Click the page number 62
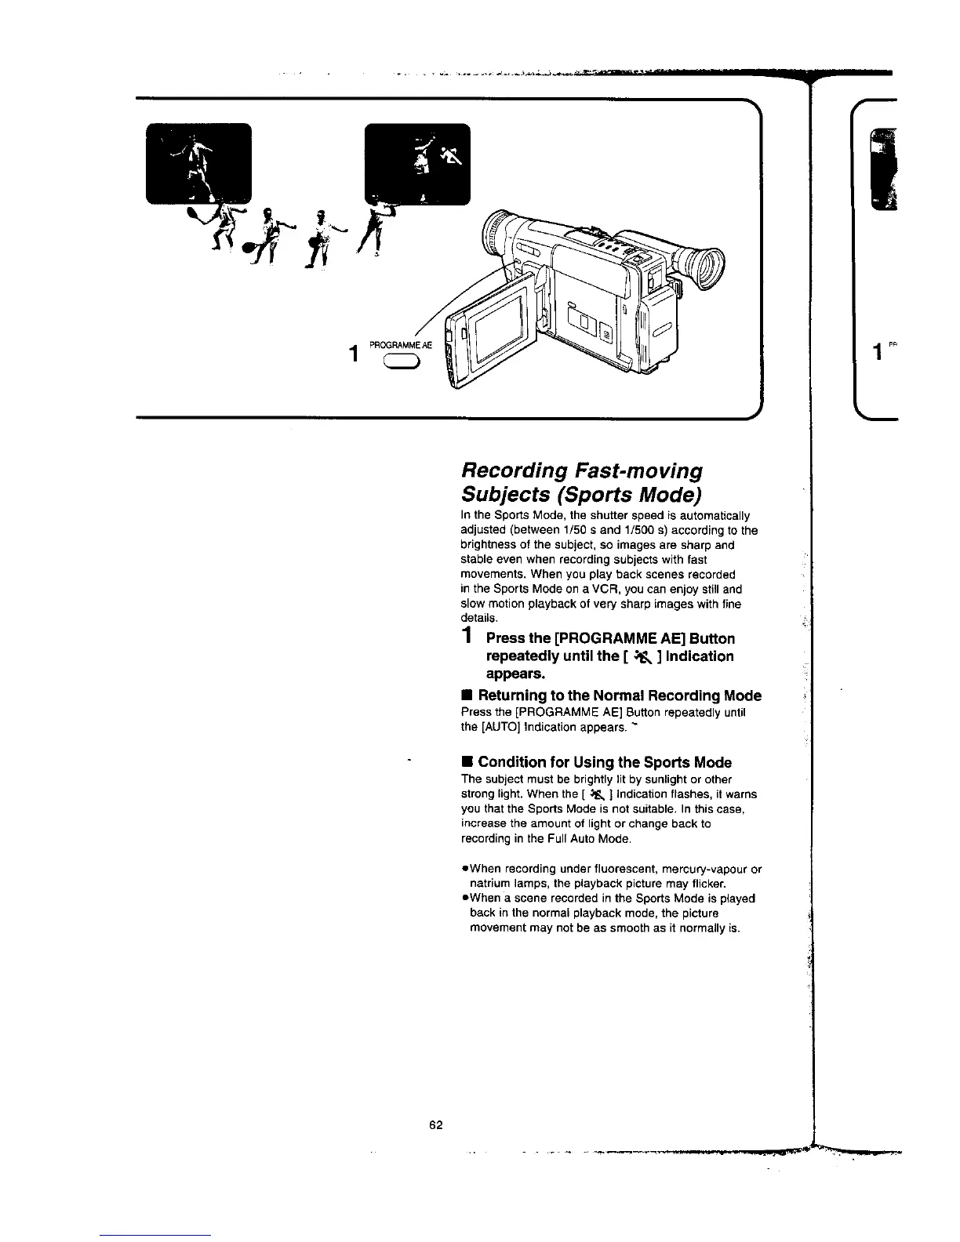point(436,1125)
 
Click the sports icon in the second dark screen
point(453,158)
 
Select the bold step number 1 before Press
point(467,636)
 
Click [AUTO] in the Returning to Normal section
point(496,727)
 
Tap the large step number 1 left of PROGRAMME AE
point(355,354)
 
